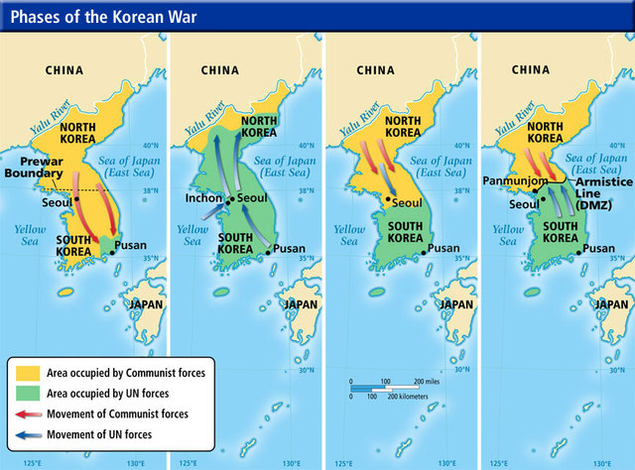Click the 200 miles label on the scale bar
point(428,380)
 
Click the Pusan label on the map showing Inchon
point(289,249)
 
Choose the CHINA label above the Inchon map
point(220,70)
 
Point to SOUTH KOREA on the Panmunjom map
point(562,231)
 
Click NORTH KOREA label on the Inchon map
point(259,126)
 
